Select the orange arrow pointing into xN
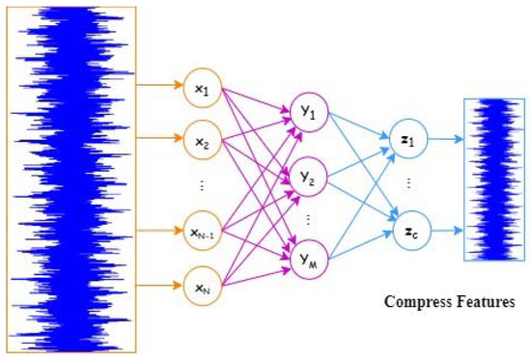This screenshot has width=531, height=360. [x=156, y=286]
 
